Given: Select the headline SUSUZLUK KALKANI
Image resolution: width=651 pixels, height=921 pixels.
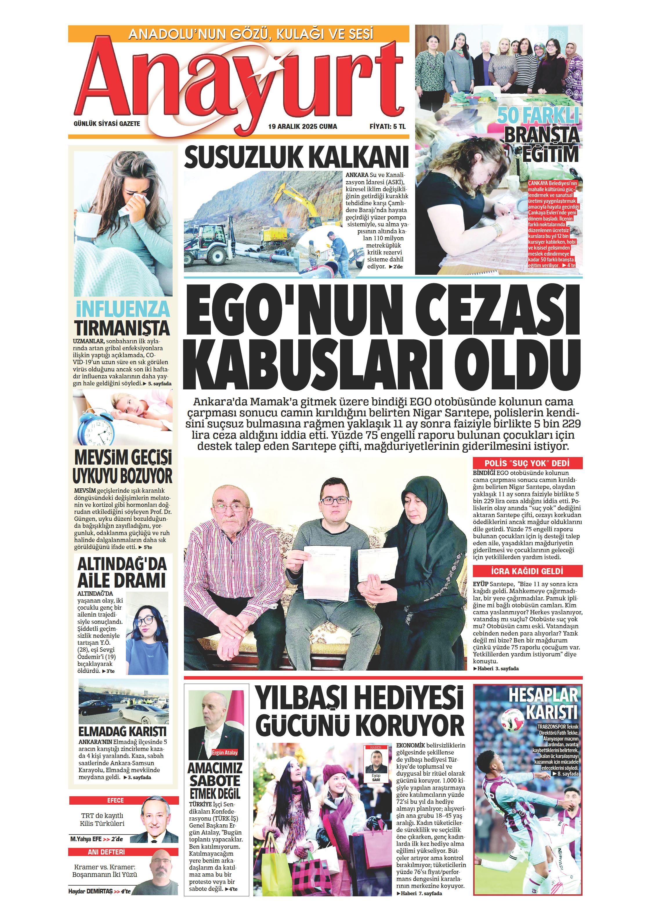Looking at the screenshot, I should point(296,157).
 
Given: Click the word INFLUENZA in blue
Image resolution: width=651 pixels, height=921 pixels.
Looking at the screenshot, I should point(123,309).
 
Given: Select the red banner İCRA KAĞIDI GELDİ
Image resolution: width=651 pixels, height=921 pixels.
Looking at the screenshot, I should point(527,571).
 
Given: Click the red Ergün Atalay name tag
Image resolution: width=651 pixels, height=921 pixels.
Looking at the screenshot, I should point(225,752).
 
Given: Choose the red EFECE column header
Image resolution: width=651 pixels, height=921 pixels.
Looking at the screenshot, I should point(124,800).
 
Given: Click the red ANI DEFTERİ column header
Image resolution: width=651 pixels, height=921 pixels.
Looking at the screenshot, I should point(124,852).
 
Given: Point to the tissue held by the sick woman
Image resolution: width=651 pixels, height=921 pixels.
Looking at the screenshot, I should point(138,198).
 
